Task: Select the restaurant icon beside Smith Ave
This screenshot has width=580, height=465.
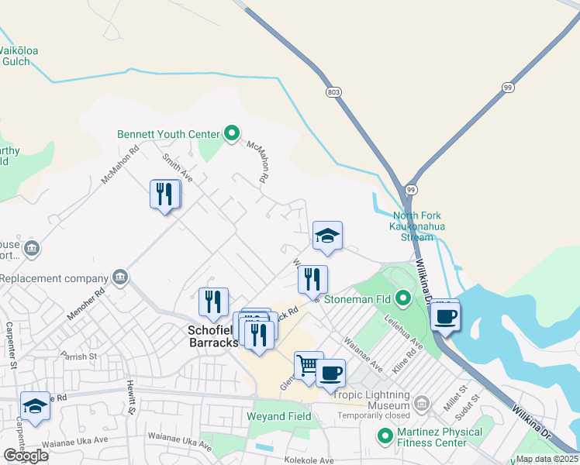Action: click(x=164, y=194)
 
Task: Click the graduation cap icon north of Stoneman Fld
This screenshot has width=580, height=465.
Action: click(x=327, y=236)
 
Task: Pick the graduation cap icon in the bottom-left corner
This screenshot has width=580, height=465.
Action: click(x=35, y=406)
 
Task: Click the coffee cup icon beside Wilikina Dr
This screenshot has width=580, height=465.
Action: click(x=446, y=316)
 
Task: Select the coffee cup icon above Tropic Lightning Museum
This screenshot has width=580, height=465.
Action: click(x=330, y=374)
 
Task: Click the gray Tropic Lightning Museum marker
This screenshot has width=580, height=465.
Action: click(x=421, y=402)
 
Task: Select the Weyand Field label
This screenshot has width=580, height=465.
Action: click(x=278, y=417)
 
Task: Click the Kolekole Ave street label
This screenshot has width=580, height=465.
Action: click(x=306, y=460)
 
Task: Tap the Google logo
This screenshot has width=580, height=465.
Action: click(x=26, y=456)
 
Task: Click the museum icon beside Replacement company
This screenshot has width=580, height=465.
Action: click(x=119, y=277)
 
